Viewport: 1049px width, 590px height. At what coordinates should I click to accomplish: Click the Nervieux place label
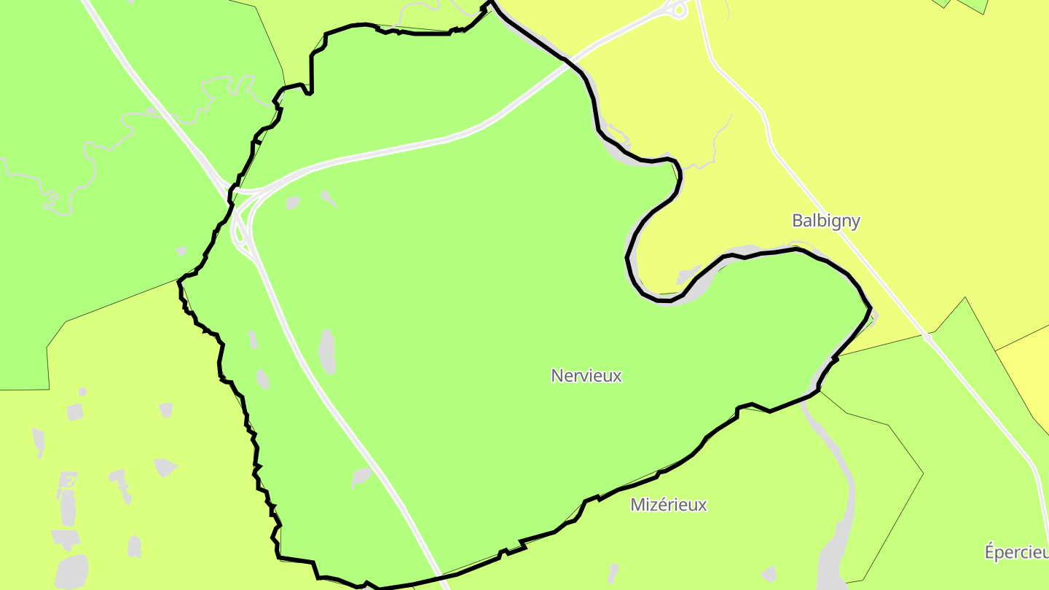[x=586, y=376]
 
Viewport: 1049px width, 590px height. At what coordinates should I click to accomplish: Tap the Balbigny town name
[x=826, y=221]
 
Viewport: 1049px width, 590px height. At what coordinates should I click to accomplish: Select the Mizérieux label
[x=668, y=505]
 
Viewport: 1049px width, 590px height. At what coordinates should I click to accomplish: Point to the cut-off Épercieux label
[x=1016, y=552]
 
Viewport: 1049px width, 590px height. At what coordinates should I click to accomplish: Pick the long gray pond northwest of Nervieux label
[x=328, y=351]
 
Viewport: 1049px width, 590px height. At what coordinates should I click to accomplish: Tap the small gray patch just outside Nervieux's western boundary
[x=181, y=251]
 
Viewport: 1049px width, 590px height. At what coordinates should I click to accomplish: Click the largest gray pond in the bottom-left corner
[x=71, y=572]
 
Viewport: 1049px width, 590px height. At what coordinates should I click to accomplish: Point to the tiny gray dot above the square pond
[x=82, y=392]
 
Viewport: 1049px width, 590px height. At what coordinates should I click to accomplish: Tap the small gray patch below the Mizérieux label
[x=613, y=573]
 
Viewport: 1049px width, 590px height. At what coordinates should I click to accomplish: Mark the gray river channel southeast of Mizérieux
[x=838, y=510]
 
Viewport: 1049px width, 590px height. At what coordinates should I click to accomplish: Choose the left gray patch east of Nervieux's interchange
[x=293, y=202]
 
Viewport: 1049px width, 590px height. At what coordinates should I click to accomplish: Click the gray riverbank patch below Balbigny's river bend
[x=688, y=277]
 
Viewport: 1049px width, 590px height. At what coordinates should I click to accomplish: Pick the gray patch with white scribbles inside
[x=67, y=480]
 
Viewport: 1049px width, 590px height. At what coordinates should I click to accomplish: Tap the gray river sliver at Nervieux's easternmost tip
[x=873, y=315]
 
